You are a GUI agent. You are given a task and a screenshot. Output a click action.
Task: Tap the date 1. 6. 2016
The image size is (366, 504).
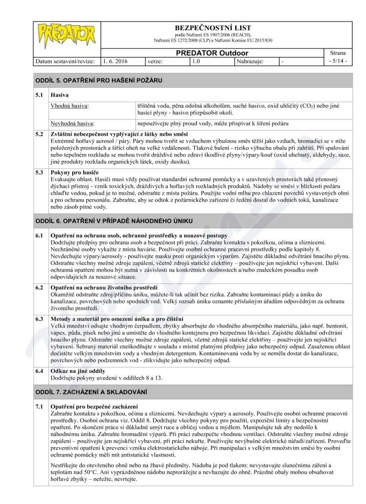point(115,61)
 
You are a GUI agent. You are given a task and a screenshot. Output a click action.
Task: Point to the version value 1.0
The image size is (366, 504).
point(196,61)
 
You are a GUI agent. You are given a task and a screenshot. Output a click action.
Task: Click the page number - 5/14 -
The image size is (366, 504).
point(339,61)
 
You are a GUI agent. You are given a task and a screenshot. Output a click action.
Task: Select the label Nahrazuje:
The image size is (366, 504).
point(250,61)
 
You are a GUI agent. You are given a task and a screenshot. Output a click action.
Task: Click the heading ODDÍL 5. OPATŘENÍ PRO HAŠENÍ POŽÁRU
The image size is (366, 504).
point(99,80)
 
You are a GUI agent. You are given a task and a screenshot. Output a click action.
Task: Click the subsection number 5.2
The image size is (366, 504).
point(40,134)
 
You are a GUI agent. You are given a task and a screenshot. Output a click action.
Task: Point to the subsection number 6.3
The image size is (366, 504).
point(40,318)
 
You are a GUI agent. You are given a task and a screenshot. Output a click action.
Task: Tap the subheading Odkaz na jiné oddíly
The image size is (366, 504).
point(77,370)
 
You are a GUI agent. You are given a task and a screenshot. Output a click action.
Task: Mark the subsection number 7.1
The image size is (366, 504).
point(40,407)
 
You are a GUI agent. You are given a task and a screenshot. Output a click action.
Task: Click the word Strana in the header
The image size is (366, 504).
point(339,53)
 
